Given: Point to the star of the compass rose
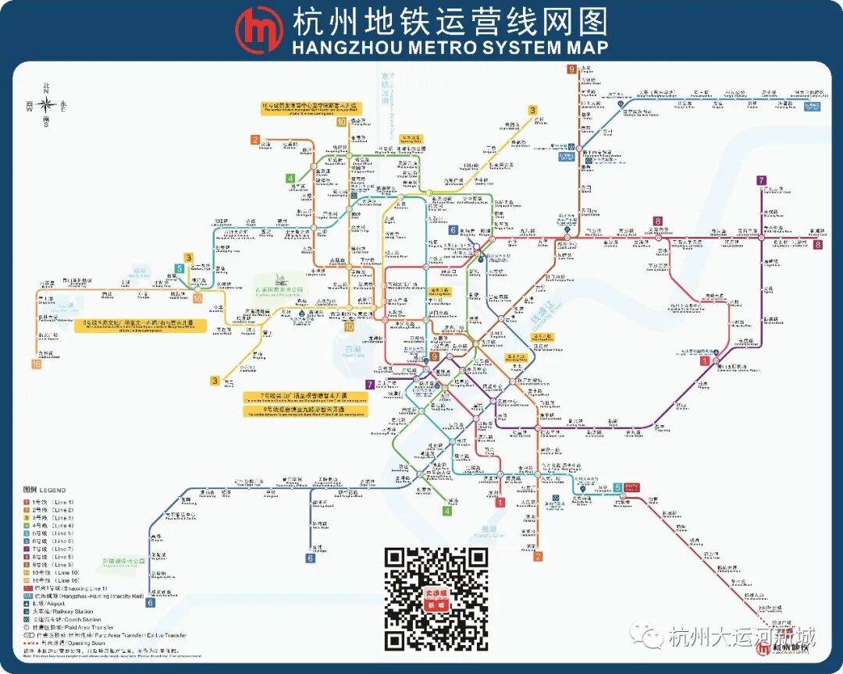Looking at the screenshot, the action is tap(46, 104).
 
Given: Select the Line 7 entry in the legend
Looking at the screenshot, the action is tap(49, 549).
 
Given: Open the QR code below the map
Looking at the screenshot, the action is tap(437, 598).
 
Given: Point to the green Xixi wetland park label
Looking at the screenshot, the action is tap(283, 289).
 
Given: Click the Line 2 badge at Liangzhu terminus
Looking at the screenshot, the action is tap(254, 140).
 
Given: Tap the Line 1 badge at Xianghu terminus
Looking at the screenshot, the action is tap(500, 502).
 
